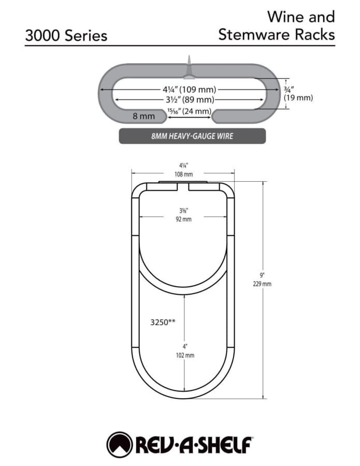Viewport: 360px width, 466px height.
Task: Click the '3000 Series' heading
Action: pos(66,36)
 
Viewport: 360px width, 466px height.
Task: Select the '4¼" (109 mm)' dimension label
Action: pos(190,89)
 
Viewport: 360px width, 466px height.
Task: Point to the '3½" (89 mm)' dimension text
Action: pos(190,99)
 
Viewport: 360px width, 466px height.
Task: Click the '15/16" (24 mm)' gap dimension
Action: pos(190,111)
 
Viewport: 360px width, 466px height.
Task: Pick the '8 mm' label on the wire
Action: pos(143,116)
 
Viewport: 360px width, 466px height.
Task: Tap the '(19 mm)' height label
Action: pos(298,97)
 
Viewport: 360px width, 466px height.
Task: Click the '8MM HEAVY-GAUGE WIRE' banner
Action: pos(192,136)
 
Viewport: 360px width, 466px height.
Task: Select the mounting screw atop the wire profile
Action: pos(189,67)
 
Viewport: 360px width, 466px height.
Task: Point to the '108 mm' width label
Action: pos(183,174)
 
